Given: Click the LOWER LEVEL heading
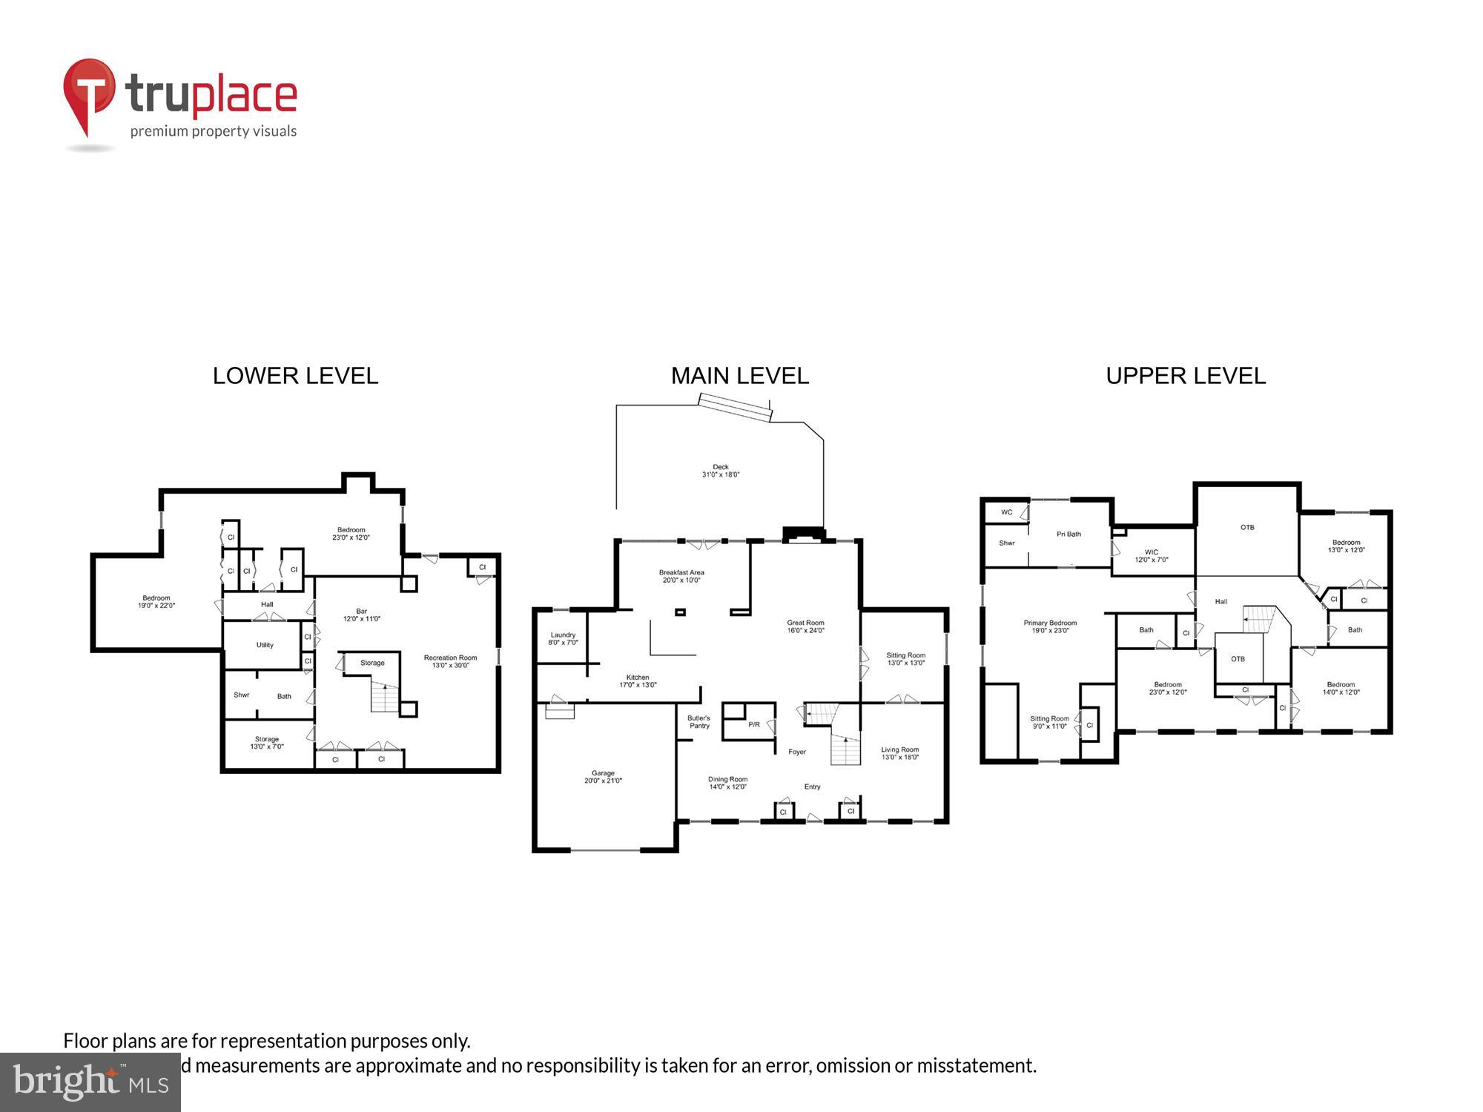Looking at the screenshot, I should pyautogui.click(x=295, y=376).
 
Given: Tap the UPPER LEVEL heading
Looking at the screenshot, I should pyautogui.click(x=1185, y=376).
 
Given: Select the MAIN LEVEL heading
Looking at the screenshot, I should pyautogui.click(x=739, y=376).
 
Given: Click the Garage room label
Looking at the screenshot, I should pyautogui.click(x=603, y=777).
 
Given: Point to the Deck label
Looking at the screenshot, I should pyautogui.click(x=721, y=471).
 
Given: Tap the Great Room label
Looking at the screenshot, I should pyautogui.click(x=805, y=626).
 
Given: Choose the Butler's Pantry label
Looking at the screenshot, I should pyautogui.click(x=698, y=721).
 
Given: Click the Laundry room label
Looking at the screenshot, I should pyautogui.click(x=563, y=638).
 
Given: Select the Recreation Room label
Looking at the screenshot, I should pyautogui.click(x=450, y=661).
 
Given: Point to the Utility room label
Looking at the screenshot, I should pyautogui.click(x=265, y=645).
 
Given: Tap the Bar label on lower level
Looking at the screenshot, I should pyautogui.click(x=361, y=615).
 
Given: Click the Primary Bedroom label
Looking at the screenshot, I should pyautogui.click(x=1050, y=626).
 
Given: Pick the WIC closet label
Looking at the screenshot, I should pyautogui.click(x=1151, y=555).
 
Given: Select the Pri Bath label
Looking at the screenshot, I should pyautogui.click(x=1069, y=534).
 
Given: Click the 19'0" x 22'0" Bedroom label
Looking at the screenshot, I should pyautogui.click(x=156, y=601).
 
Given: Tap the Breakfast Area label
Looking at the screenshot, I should pyautogui.click(x=681, y=576).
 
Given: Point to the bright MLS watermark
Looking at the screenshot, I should pyautogui.click(x=90, y=1082).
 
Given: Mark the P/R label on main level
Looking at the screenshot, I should pyautogui.click(x=753, y=724).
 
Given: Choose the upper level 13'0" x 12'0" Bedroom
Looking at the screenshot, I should pyautogui.click(x=1346, y=546).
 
